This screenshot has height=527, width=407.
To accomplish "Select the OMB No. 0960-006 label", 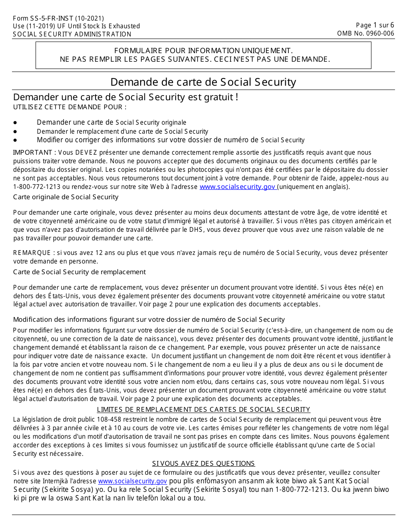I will tap(365, 33).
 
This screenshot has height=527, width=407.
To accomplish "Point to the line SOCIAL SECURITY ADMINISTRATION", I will tap(72, 34).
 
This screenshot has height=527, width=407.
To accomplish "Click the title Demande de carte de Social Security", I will tap(203, 82).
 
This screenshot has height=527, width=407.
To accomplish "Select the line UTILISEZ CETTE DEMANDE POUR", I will tap(70, 107).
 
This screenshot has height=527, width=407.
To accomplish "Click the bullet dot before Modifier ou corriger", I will tap(15, 140).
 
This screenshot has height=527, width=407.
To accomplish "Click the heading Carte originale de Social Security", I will tap(66, 197).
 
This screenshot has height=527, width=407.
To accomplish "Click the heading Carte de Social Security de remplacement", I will tap(79, 272).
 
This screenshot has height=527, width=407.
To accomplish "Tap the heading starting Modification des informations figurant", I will tap(149, 320).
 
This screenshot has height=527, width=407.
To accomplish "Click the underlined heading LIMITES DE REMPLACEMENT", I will tap(203, 410).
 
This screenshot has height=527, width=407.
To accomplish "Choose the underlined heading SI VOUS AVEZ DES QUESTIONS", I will tap(203, 464).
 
